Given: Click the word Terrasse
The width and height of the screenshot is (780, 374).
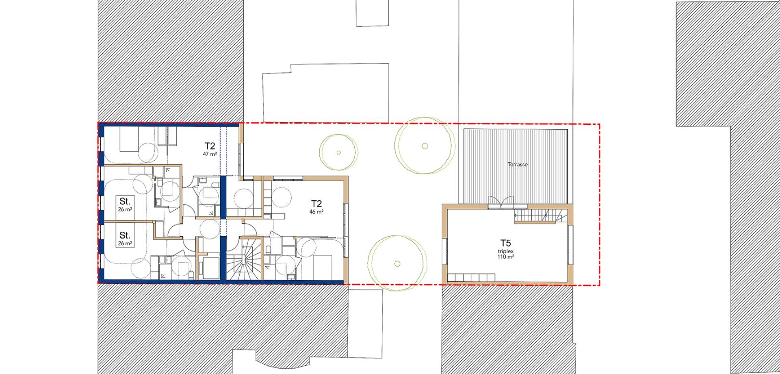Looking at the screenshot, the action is pos(518,165).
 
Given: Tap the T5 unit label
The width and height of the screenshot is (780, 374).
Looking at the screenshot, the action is pos(505,244).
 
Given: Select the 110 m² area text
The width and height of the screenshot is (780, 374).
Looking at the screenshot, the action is pos(505,257).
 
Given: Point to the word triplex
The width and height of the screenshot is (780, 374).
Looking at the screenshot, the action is pos(505,252).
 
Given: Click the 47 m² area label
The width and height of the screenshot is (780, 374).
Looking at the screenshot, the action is pos(210,154).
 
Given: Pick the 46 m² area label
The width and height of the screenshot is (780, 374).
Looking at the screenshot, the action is pos(317,212).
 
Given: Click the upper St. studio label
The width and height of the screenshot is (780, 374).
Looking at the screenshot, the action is pos(125,201).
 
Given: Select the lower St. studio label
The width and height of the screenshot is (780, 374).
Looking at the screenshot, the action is pos(125,235).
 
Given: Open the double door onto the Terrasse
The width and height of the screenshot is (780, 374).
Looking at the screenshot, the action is pos(499,202).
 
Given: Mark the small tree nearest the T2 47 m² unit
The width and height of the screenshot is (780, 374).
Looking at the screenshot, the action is pos(339,153).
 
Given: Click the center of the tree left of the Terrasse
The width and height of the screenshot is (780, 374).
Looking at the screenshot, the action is pos(425,146).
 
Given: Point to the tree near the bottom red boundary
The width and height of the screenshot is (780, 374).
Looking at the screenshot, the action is pos(397,263).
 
